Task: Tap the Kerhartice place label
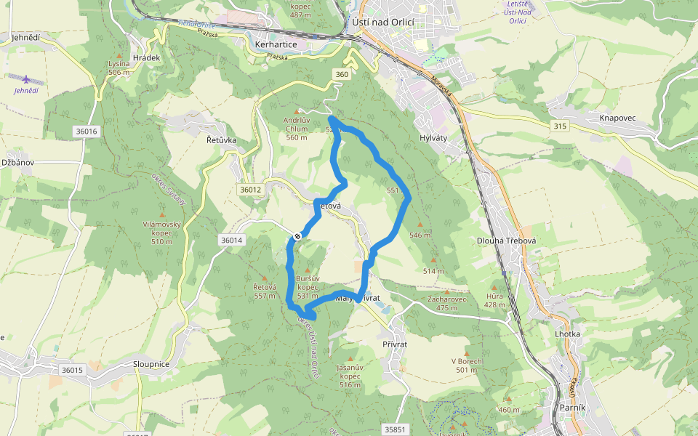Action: [x=276, y=44]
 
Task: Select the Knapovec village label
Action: [x=618, y=118]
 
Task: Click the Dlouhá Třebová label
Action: [x=506, y=241]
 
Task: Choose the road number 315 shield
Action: [x=559, y=126]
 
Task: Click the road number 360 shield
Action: [x=342, y=75]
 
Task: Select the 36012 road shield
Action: [x=249, y=190]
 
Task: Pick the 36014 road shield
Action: [x=230, y=240]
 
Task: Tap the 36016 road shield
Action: [x=86, y=132]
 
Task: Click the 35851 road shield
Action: [x=395, y=429]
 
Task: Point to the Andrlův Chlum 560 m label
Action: [x=297, y=128]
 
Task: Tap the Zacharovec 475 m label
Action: [x=447, y=303]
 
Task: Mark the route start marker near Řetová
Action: [x=297, y=236]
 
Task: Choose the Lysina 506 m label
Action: [x=119, y=68]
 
